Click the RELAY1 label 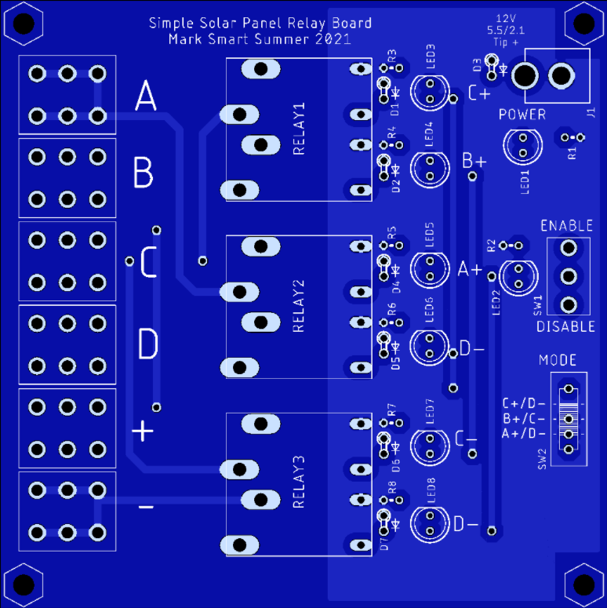tap(299, 129)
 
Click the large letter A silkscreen tap(146, 99)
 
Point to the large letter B tap(143, 173)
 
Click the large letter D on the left tap(147, 344)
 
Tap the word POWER tap(522, 115)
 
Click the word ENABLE tap(567, 226)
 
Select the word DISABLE tap(565, 326)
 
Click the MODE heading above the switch tap(558, 361)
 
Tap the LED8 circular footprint tap(430, 523)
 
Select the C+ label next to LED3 tap(478, 94)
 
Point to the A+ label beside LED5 tap(471, 270)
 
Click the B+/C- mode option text tap(524, 419)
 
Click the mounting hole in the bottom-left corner tap(23, 584)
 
